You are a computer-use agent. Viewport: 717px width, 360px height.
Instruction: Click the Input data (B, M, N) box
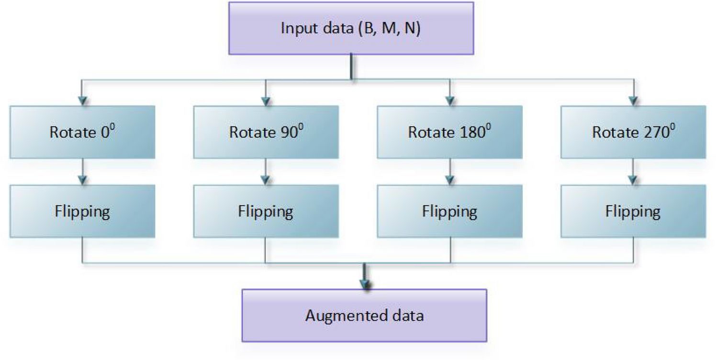[351, 28]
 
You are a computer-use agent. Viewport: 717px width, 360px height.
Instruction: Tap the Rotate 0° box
[82, 132]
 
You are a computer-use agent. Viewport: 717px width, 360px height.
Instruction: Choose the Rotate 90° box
[266, 132]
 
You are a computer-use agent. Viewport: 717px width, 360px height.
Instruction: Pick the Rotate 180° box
[449, 132]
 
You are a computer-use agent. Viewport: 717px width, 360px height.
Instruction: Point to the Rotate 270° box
[633, 132]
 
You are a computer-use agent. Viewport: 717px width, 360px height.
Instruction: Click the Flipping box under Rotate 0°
[82, 211]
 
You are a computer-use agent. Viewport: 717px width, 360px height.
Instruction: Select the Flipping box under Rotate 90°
[266, 211]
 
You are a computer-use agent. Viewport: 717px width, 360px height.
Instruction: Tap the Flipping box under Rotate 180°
[449, 211]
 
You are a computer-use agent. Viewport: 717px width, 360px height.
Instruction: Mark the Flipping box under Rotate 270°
[633, 211]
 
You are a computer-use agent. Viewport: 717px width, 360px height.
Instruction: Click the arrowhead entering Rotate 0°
[82, 101]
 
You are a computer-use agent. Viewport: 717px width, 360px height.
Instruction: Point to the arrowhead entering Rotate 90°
[266, 101]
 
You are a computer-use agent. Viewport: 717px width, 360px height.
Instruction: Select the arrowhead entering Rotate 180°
[449, 101]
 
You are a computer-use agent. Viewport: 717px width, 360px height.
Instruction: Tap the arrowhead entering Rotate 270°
[633, 101]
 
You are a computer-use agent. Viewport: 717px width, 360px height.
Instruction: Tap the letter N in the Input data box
[413, 28]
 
